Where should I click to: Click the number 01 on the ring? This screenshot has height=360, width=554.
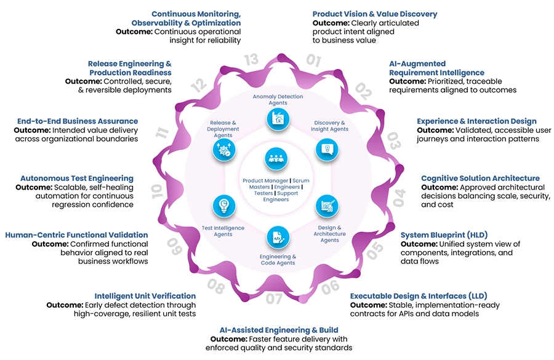coord(313,60)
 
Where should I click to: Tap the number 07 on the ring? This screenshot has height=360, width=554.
coord(275,300)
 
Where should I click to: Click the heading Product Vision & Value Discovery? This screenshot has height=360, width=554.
coord(374,14)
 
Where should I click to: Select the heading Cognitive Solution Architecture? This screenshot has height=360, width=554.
coord(480,178)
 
